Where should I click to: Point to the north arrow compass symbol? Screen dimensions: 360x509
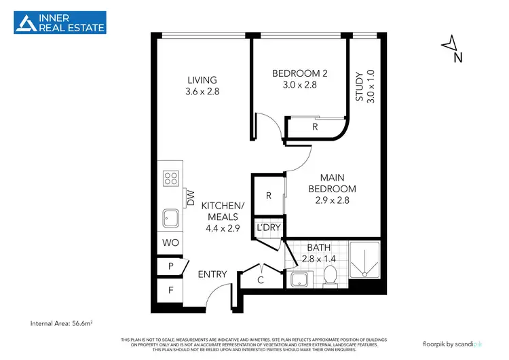tap(450, 47)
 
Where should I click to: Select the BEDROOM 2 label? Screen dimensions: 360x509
tap(300, 79)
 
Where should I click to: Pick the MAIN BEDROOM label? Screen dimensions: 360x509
tap(332, 190)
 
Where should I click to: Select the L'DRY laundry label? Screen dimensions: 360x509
tap(268, 228)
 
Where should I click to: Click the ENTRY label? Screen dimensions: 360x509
tap(212, 274)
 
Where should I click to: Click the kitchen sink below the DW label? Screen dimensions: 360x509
tap(170, 219)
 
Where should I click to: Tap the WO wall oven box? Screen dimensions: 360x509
tap(169, 242)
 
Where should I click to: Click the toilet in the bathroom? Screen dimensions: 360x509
tap(331, 276)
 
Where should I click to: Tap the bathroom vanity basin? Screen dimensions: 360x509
tap(297, 279)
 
